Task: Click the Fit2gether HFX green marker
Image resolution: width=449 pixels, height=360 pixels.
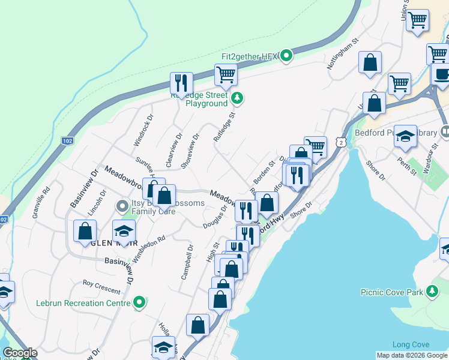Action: click(286, 56)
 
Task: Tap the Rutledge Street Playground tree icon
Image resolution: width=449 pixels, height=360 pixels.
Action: click(238, 97)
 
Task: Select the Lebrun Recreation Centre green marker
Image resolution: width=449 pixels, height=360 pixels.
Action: click(139, 302)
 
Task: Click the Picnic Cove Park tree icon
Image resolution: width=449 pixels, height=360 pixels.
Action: click(431, 292)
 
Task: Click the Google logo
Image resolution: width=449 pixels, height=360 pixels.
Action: click(20, 353)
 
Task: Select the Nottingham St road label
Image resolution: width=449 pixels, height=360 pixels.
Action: click(342, 55)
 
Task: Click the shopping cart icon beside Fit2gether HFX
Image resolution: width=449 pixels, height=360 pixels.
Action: click(226, 75)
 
